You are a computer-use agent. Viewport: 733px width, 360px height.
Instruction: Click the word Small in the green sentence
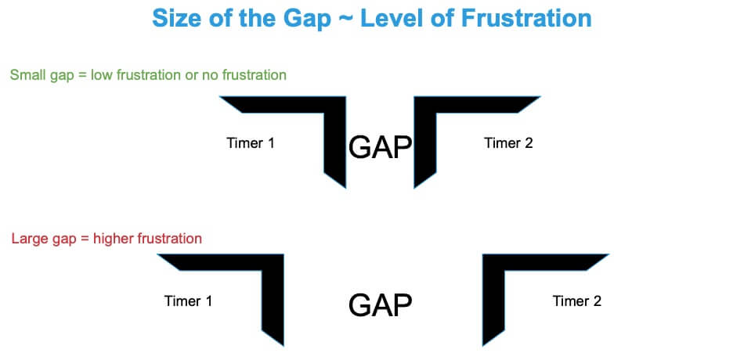[x=27, y=75]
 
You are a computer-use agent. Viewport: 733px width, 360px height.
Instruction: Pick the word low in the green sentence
[x=102, y=75]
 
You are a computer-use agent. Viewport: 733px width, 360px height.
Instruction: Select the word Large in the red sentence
[x=28, y=238]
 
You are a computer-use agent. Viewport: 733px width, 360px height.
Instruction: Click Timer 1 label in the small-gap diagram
[x=250, y=143]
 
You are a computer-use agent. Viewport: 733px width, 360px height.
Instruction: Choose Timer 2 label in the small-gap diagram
[x=508, y=143]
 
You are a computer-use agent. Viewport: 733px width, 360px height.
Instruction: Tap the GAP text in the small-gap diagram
[x=380, y=147]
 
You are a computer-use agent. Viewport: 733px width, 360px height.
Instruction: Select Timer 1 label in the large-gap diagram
[x=188, y=301]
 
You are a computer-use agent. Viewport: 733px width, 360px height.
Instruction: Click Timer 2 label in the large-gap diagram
[x=576, y=301]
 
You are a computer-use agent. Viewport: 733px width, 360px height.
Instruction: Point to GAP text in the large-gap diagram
[x=380, y=304]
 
